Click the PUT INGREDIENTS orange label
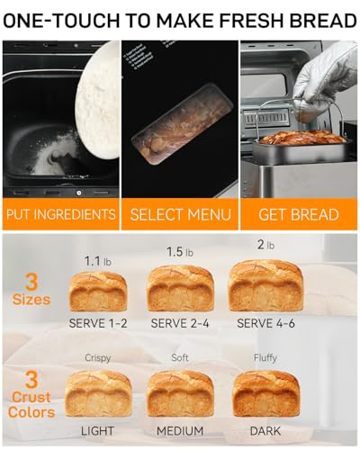(x=60, y=214)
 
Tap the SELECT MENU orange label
(x=180, y=214)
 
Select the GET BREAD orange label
(x=299, y=214)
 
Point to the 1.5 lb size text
(x=180, y=252)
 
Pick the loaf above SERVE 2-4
(x=180, y=288)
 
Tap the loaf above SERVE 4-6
(x=265, y=285)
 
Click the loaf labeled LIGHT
(x=98, y=393)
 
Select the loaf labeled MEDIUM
(x=180, y=393)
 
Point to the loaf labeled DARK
(x=265, y=393)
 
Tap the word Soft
(x=180, y=357)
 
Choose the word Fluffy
(x=265, y=357)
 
